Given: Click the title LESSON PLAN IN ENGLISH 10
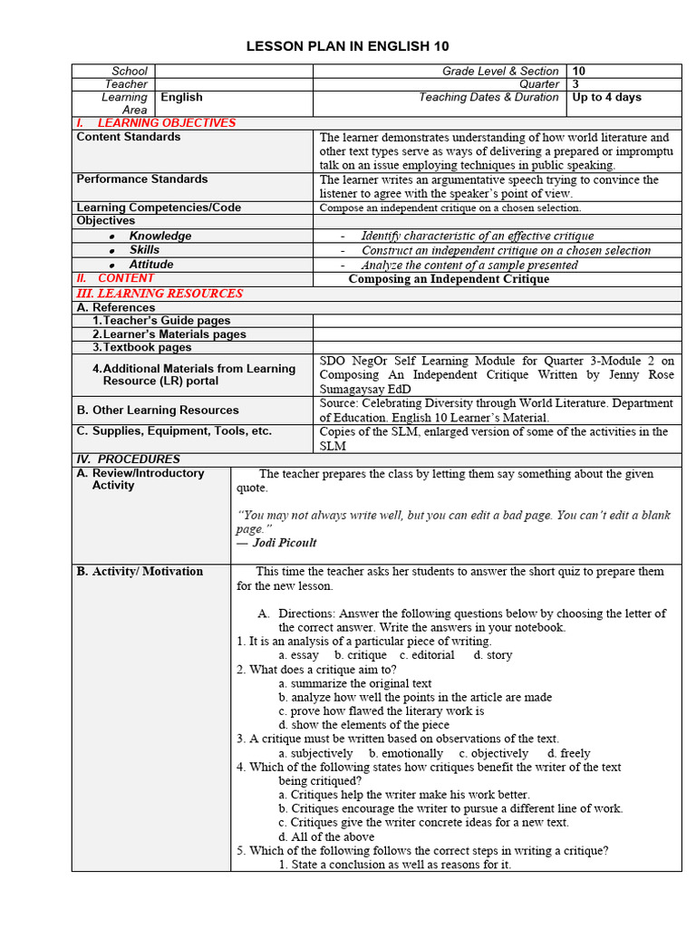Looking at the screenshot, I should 348,46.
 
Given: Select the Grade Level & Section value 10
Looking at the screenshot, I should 579,71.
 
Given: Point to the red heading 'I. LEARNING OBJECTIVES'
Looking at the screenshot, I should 156,123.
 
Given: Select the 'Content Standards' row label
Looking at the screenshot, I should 129,137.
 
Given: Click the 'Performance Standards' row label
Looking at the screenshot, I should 142,179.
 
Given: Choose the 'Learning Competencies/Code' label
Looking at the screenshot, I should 159,208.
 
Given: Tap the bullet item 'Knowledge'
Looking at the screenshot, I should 160,236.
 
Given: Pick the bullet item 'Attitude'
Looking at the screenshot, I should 151,265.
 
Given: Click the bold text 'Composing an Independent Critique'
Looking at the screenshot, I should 449,279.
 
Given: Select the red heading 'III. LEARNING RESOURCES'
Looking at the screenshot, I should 159,294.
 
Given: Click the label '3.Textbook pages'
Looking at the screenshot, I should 142,347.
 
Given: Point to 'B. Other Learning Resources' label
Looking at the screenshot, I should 158,411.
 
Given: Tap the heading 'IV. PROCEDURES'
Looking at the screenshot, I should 128,459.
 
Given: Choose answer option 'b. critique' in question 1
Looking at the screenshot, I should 360,654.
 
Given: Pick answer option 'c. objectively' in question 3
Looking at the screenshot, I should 493,753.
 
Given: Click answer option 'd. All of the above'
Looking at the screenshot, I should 326,836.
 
